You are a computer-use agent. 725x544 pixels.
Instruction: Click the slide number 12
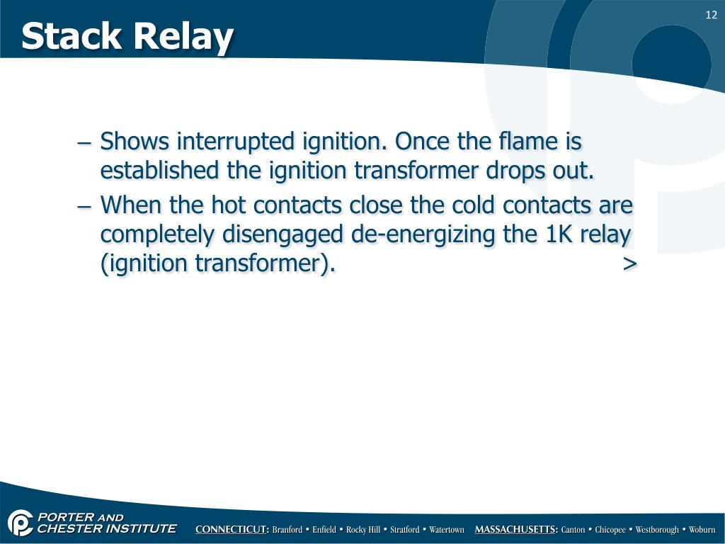click(712, 16)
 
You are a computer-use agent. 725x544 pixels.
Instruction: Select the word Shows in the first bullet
click(135, 142)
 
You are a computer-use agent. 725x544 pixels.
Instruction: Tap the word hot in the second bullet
click(229, 205)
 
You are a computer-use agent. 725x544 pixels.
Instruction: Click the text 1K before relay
click(559, 234)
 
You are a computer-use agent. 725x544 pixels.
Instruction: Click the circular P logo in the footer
click(21, 523)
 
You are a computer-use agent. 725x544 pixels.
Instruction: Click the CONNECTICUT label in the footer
click(232, 530)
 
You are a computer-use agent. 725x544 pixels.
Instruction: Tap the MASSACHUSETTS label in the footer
click(516, 530)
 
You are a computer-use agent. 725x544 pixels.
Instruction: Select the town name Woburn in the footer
click(702, 530)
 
